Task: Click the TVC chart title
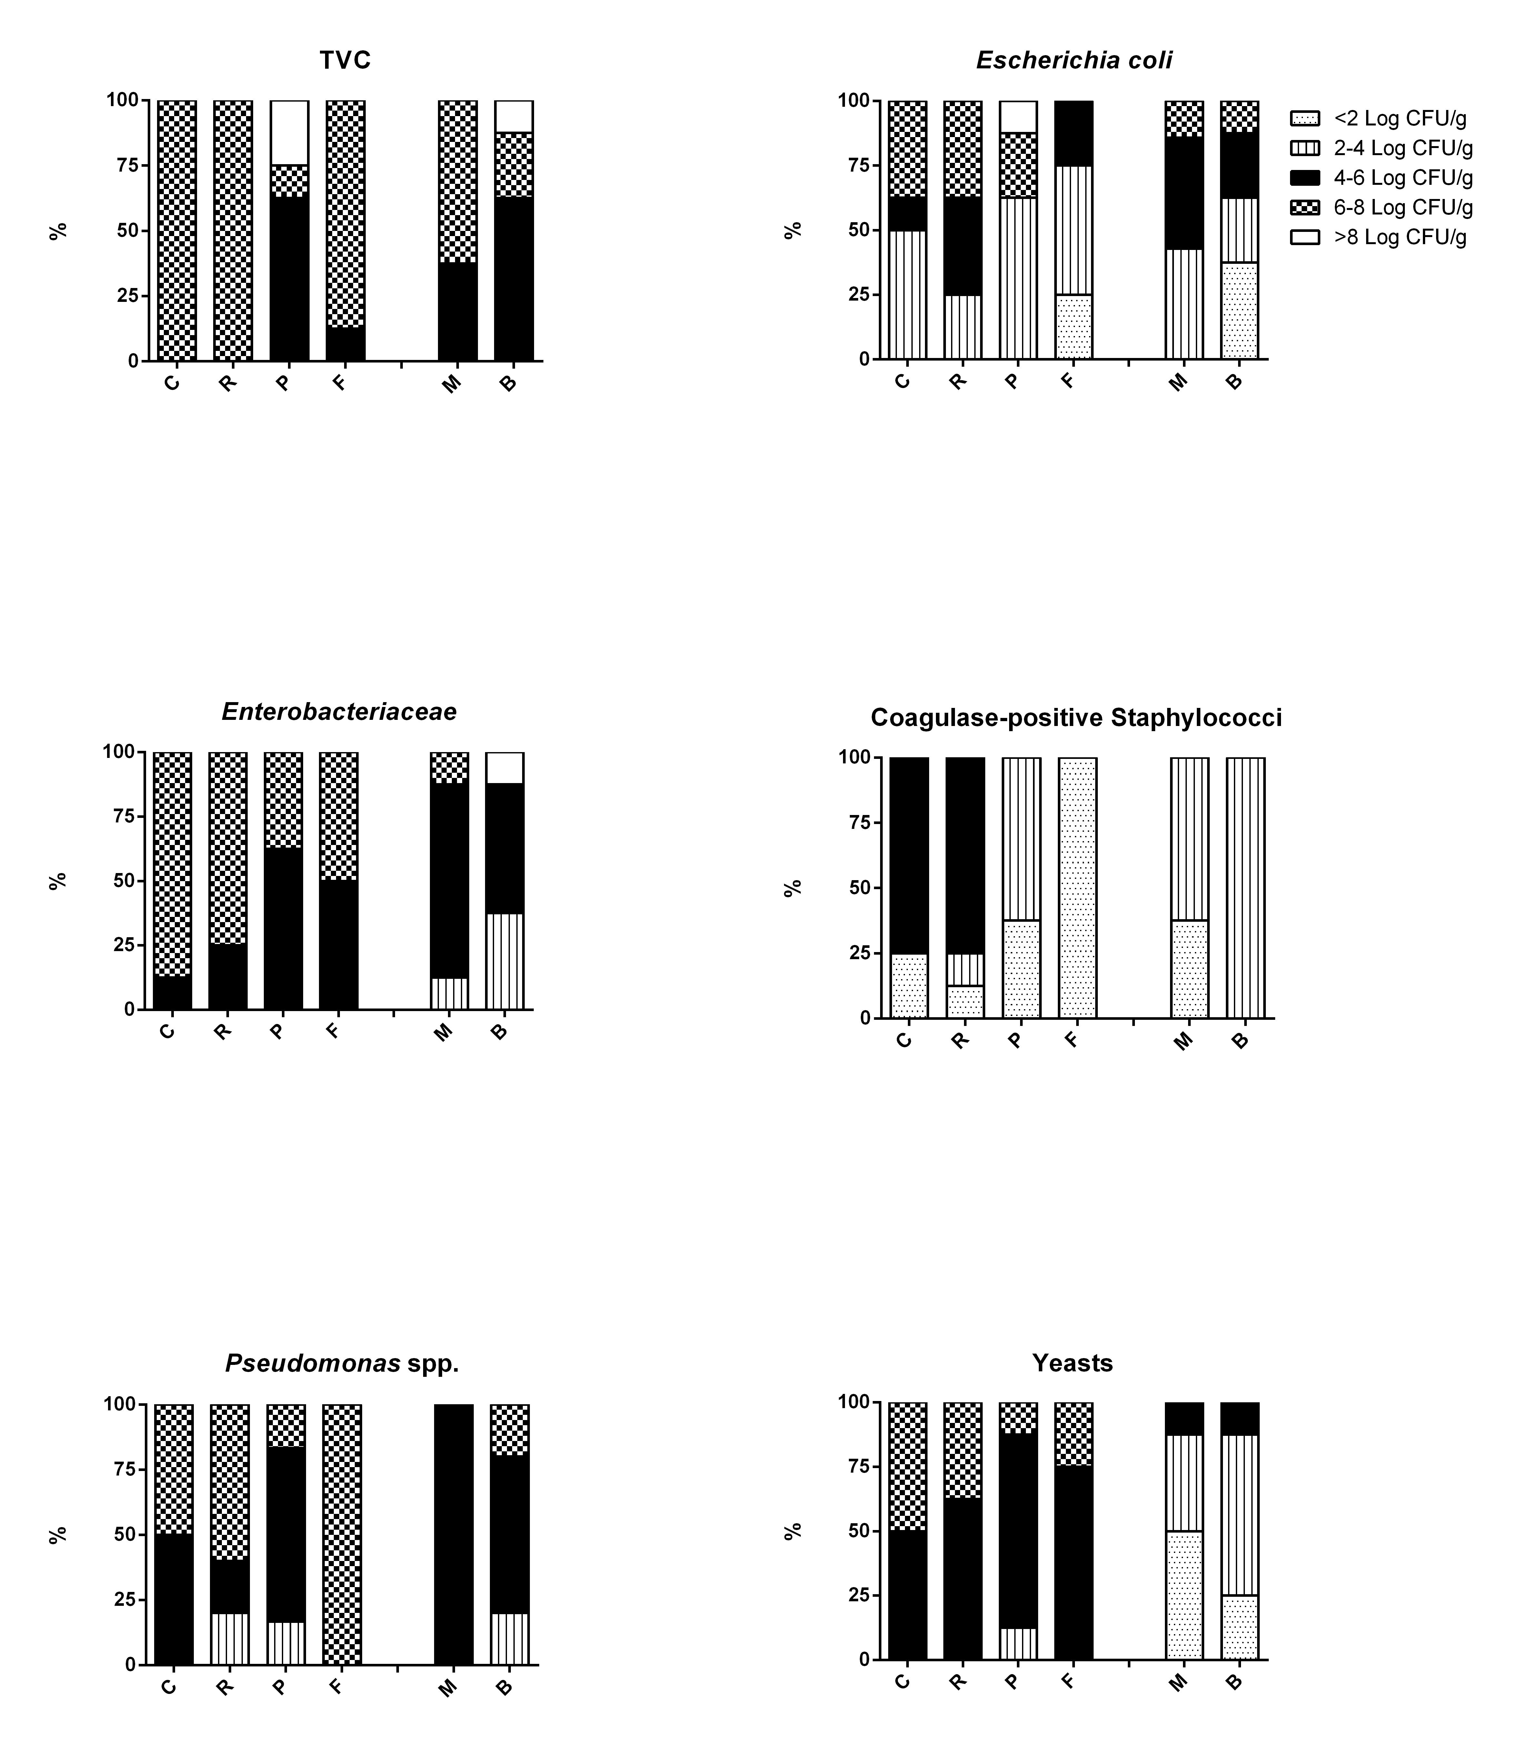pyautogui.click(x=345, y=60)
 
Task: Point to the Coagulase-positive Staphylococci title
pyautogui.click(x=1076, y=718)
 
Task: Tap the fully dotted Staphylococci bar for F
pyautogui.click(x=1077, y=887)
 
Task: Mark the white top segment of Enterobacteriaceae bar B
pyautogui.click(x=504, y=767)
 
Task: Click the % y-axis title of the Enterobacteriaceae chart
pyautogui.click(x=58, y=881)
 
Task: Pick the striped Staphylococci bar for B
pyautogui.click(x=1245, y=887)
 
